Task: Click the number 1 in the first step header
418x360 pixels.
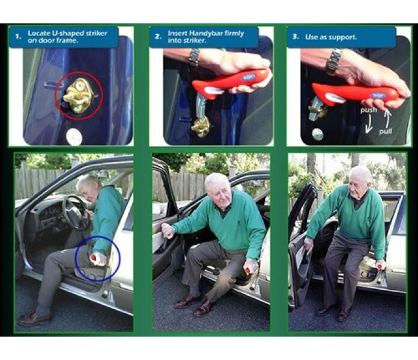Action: tap(17, 37)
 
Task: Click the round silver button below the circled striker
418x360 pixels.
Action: tap(74, 136)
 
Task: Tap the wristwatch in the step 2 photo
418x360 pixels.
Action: tap(195, 58)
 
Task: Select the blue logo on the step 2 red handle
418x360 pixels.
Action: tap(248, 77)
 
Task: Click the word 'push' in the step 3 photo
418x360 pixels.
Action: tap(369, 110)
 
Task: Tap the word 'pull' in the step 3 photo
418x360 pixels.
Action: tap(386, 131)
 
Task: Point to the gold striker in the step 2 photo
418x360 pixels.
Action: tap(201, 127)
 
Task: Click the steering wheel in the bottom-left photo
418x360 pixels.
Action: tap(76, 212)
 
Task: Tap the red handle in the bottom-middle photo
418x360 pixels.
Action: tap(247, 271)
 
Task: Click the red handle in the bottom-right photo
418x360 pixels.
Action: tap(380, 265)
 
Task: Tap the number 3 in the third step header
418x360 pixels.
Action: tap(295, 37)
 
